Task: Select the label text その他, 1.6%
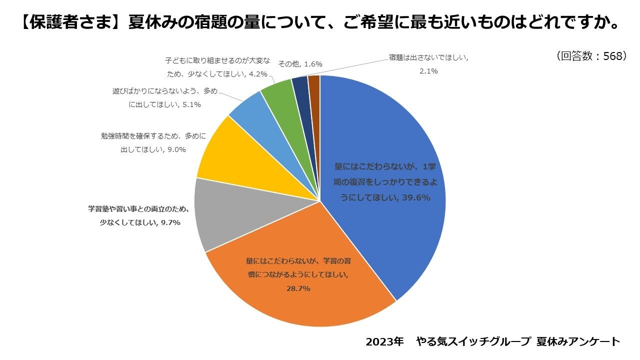point(300,64)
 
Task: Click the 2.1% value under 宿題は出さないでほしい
point(428,71)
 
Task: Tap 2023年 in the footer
point(384,342)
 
